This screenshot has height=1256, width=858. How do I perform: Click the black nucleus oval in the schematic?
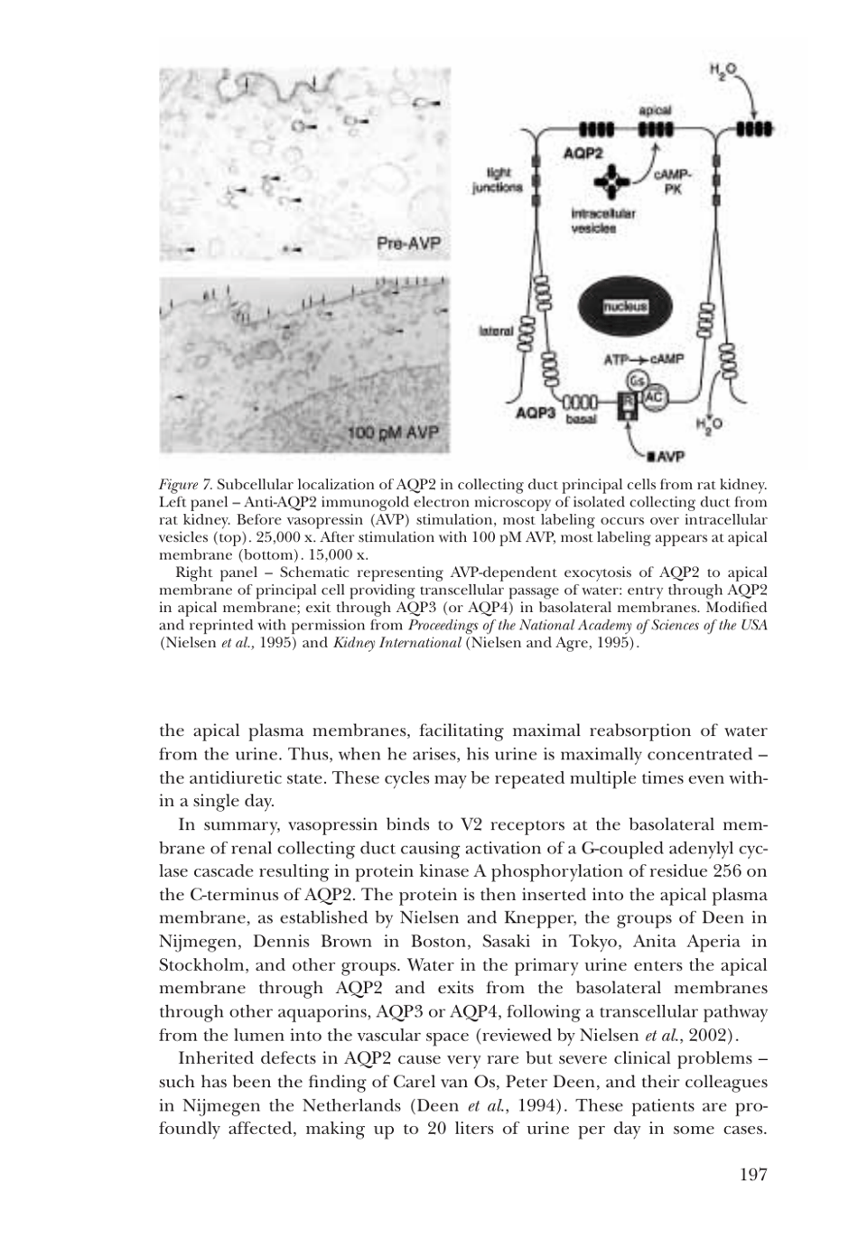point(625,306)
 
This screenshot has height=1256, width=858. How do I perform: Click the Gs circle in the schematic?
point(637,379)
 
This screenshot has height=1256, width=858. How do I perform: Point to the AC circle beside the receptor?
point(656,396)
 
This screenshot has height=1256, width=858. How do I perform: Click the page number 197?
point(751,1174)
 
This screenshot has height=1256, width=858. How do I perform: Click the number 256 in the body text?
point(702,871)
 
